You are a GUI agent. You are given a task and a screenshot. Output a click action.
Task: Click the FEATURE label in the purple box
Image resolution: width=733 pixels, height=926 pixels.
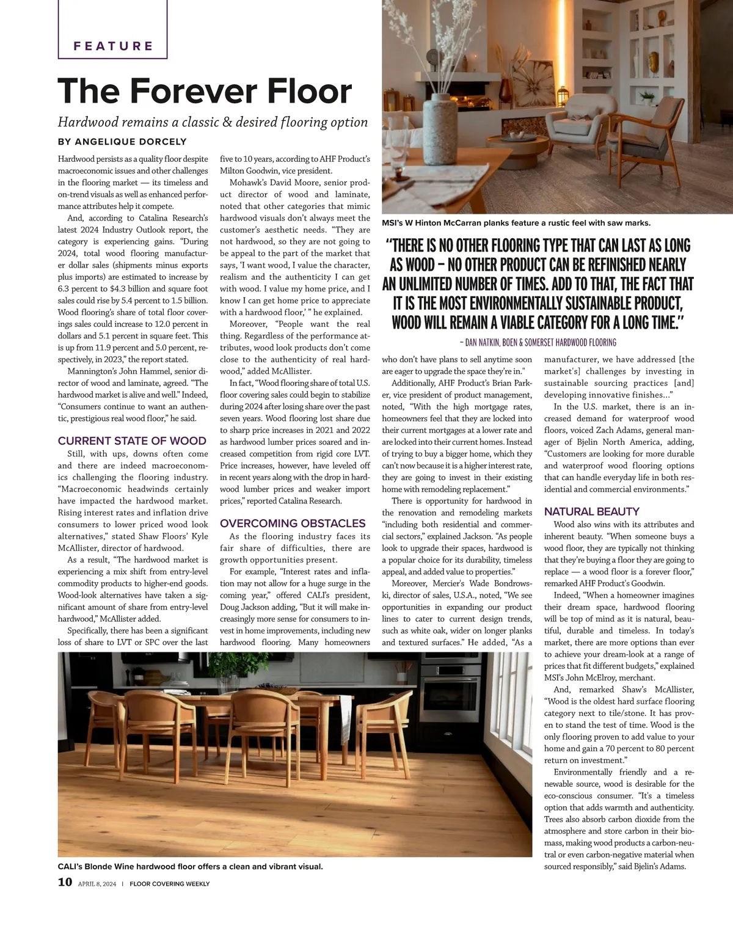pos(113,46)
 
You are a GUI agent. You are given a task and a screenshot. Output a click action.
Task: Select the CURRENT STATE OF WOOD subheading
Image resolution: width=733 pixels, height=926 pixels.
pos(132,440)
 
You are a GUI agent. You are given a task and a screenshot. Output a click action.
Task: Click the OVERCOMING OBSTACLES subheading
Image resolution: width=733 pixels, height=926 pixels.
pos(293,523)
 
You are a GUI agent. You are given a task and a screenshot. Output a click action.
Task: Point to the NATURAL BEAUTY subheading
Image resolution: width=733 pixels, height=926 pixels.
pos(591,511)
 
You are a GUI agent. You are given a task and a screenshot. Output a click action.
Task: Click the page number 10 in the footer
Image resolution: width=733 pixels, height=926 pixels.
pos(65,882)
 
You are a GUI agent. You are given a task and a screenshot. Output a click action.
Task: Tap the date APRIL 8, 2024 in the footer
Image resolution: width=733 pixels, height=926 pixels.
pos(97,883)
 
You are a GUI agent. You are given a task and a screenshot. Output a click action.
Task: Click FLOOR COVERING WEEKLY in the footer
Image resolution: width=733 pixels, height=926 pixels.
pos(169,883)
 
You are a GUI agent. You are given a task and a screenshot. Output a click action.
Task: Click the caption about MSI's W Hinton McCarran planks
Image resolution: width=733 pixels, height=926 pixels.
pos(516,223)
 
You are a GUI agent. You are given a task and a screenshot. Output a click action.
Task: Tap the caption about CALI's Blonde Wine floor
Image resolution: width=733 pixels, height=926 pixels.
pos(190,866)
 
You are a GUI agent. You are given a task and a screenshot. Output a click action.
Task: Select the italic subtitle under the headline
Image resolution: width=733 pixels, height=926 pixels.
pos(213,122)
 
